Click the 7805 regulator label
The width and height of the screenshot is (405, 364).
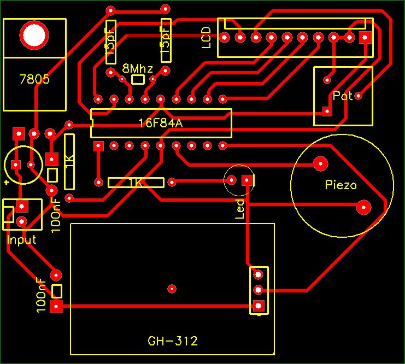pyautogui.click(x=34, y=79)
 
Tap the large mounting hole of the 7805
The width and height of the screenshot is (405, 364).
pyautogui.click(x=33, y=36)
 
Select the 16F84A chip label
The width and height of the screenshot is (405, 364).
pyautogui.click(x=160, y=124)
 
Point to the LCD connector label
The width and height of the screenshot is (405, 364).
pyautogui.click(x=206, y=38)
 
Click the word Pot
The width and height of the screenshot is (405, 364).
pyautogui.click(x=343, y=96)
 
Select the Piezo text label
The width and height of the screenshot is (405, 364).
pyautogui.click(x=341, y=185)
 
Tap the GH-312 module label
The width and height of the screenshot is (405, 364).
pyautogui.click(x=173, y=342)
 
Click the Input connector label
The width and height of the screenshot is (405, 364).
pyautogui.click(x=21, y=239)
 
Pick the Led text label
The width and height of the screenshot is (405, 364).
pyautogui.click(x=239, y=209)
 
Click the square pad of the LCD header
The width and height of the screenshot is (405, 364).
pyautogui.click(x=365, y=37)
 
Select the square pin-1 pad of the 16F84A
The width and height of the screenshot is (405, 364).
pyautogui.click(x=98, y=146)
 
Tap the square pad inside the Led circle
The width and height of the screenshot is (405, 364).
pyautogui.click(x=247, y=180)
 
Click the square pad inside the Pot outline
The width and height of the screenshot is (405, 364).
pyautogui.click(x=327, y=111)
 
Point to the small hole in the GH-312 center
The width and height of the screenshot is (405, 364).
pyautogui.click(x=172, y=288)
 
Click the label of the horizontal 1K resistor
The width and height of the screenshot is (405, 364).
pyautogui.click(x=136, y=183)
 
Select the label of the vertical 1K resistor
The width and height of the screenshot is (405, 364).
pyautogui.click(x=69, y=162)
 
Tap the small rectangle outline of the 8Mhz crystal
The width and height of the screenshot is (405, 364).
pyautogui.click(x=138, y=80)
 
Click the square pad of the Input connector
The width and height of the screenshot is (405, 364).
pyautogui.click(x=22, y=206)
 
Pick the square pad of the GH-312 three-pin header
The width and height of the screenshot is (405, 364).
pyautogui.click(x=259, y=305)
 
